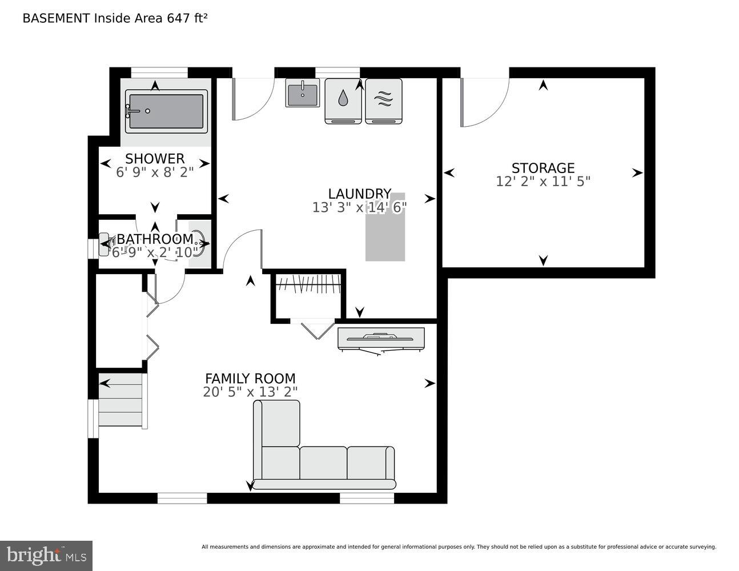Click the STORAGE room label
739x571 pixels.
(543, 168)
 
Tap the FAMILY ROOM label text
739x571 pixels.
(250, 379)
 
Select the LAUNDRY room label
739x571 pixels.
(359, 194)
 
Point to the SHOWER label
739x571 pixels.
(155, 159)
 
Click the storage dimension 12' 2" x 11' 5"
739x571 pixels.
(543, 182)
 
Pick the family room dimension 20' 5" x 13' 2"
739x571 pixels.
(250, 392)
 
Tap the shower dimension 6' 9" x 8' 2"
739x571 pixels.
(155, 172)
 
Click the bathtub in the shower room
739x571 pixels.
(166, 111)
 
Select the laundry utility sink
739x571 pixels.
(303, 93)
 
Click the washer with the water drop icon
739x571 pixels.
(343, 100)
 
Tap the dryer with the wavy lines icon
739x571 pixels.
(383, 100)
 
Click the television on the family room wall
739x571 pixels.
(381, 339)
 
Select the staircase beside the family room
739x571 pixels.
(121, 400)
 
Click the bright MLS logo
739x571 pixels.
(46, 556)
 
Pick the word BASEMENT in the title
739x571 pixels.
(56, 18)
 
